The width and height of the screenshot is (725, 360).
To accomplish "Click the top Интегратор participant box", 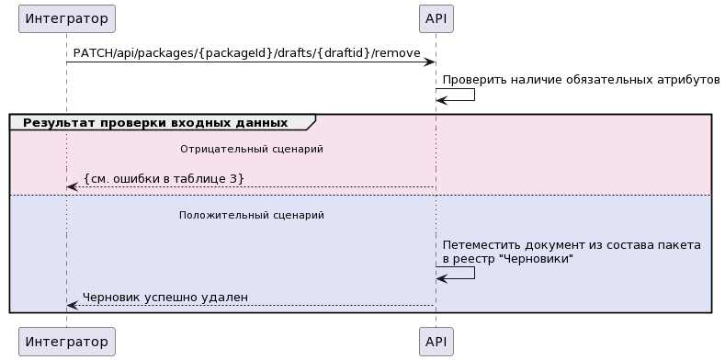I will coord(66,17).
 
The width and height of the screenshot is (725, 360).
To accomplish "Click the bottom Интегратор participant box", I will coord(66,342).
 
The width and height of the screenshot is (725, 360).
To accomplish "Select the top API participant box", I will coord(436,17).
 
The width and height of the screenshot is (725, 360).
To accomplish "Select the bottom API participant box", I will coord(436,342).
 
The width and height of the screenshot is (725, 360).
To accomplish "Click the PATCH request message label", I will coord(246,52).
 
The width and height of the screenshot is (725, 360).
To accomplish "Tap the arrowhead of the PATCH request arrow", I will coord(429,62).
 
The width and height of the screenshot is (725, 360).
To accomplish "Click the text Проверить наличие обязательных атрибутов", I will coord(581,80).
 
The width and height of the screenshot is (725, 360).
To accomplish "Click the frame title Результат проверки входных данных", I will coord(154,123).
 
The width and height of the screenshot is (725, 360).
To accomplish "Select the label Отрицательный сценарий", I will coord(251,149).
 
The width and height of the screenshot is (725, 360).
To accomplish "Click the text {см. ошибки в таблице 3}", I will coord(164,177).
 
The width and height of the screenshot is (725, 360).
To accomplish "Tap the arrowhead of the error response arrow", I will coord(72,187).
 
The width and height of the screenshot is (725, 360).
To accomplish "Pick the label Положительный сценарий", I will coord(251,215).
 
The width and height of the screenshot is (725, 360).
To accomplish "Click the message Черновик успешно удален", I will coord(164,297).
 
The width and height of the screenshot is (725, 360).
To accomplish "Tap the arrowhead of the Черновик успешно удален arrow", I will coord(72,306).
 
